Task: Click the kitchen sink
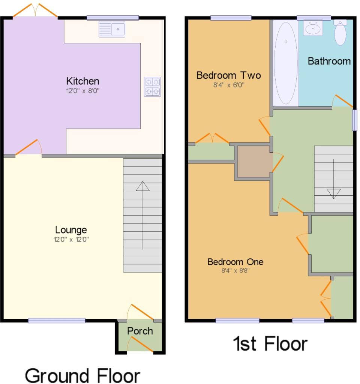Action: (112, 29)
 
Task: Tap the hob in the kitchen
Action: (152, 87)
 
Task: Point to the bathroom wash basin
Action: (313, 28)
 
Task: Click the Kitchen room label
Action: (82, 81)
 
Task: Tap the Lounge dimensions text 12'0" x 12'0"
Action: (71, 239)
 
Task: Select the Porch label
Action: (140, 331)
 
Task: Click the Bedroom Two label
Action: (228, 75)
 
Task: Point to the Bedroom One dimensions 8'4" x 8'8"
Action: (235, 270)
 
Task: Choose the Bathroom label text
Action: (329, 61)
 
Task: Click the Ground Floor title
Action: (82, 376)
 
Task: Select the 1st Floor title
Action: (270, 344)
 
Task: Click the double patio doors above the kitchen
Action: (35, 10)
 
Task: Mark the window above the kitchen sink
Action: (112, 18)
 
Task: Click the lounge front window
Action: (57, 321)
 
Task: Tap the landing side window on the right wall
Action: (354, 120)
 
